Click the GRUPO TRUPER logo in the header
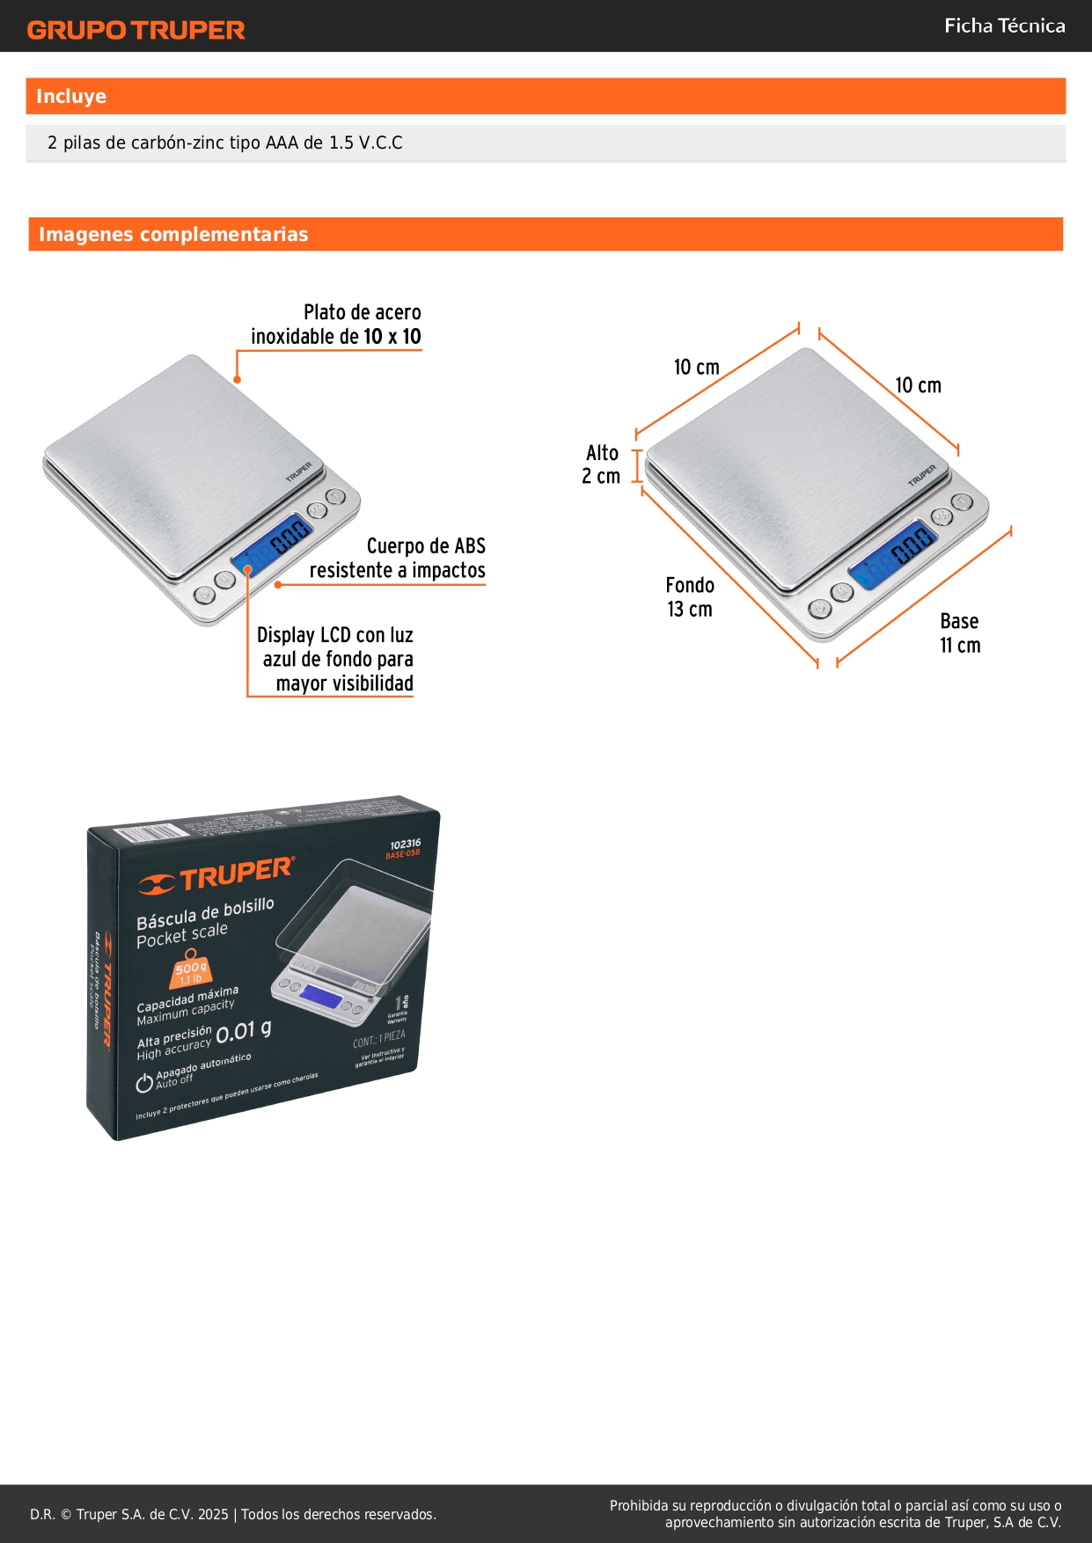[x=136, y=30]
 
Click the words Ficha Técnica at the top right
[x=1004, y=26]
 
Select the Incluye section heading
[x=71, y=97]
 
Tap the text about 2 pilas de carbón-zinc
[x=225, y=143]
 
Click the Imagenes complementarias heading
[x=173, y=235]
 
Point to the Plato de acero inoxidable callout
[x=336, y=325]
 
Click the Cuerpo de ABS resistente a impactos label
[x=398, y=559]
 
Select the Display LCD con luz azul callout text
[x=335, y=659]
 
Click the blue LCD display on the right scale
[x=892, y=554]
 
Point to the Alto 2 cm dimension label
[x=602, y=464]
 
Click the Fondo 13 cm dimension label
[x=690, y=597]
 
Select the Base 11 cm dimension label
[x=960, y=633]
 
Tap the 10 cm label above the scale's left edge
[x=696, y=367]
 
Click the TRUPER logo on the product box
[x=217, y=875]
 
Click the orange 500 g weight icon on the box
[x=190, y=970]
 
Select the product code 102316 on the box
[x=405, y=844]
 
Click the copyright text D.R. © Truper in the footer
[x=232, y=1514]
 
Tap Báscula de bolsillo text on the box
[x=205, y=913]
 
